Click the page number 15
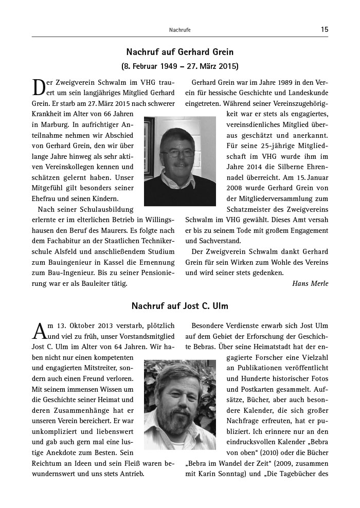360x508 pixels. (324, 30)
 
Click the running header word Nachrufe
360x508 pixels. (179, 30)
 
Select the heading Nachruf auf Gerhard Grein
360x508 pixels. (179, 52)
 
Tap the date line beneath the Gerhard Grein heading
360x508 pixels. (179, 67)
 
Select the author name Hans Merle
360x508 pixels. (310, 283)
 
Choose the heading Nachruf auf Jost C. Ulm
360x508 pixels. (179, 306)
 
